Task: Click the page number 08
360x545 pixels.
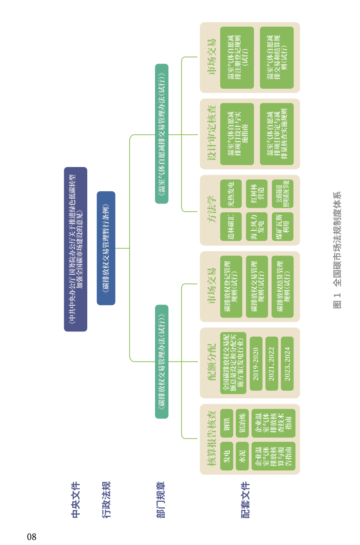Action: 32,537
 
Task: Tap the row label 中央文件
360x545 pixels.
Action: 76,500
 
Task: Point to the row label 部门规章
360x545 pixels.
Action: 161,500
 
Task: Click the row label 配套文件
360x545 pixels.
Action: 245,500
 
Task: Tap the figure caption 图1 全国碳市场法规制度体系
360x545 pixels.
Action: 337,250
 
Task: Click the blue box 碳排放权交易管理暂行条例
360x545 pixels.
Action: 106,248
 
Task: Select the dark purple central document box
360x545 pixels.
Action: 76,249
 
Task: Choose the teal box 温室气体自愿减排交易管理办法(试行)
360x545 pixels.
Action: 162,134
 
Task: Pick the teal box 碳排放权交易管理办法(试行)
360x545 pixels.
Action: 162,361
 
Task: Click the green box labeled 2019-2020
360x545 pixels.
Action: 256,364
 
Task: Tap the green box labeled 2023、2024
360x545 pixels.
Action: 287,364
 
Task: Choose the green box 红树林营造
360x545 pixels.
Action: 257,194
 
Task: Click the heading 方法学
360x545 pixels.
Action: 212,210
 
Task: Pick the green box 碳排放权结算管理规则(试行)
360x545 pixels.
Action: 283,287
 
